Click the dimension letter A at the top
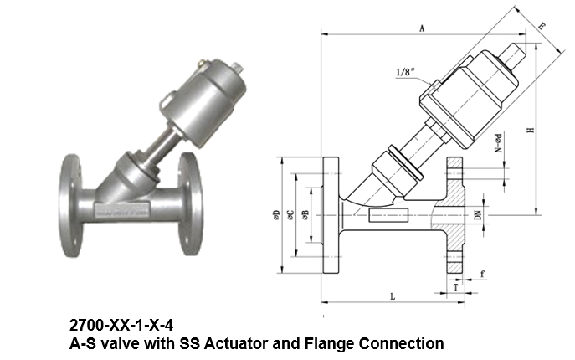[422, 28]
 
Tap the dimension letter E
[542, 27]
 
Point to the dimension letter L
[392, 296]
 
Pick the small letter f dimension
[483, 275]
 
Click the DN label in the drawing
[477, 215]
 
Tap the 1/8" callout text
[407, 73]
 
